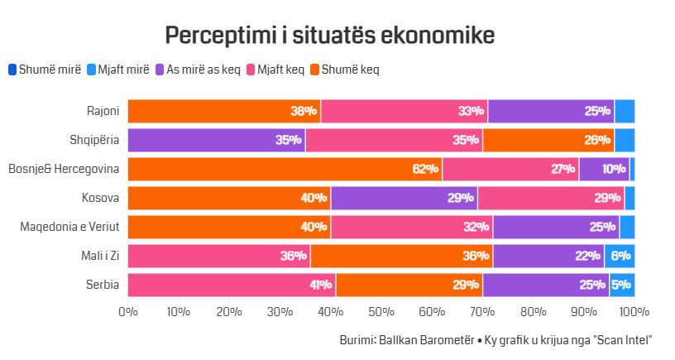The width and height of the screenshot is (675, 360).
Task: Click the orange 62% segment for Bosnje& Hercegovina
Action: [285, 169]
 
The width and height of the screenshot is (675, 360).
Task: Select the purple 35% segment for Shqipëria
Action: [216, 140]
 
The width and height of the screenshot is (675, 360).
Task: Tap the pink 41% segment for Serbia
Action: [232, 285]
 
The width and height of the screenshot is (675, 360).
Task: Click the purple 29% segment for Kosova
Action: [404, 198]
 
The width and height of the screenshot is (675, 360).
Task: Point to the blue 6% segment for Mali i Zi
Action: [620, 256]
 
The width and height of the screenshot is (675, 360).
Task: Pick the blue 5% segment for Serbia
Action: [622, 285]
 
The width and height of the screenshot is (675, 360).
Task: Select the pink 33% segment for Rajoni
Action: [404, 111]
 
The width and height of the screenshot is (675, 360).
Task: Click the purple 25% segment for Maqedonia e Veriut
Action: [556, 227]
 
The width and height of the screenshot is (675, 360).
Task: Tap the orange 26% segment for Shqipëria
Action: [548, 140]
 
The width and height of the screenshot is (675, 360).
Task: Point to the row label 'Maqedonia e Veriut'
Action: [69, 227]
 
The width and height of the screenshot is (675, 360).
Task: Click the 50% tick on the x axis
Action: [381, 312]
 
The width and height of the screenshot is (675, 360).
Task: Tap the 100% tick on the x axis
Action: [634, 312]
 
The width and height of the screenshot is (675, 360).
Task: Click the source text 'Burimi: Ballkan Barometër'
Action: [395, 340]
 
